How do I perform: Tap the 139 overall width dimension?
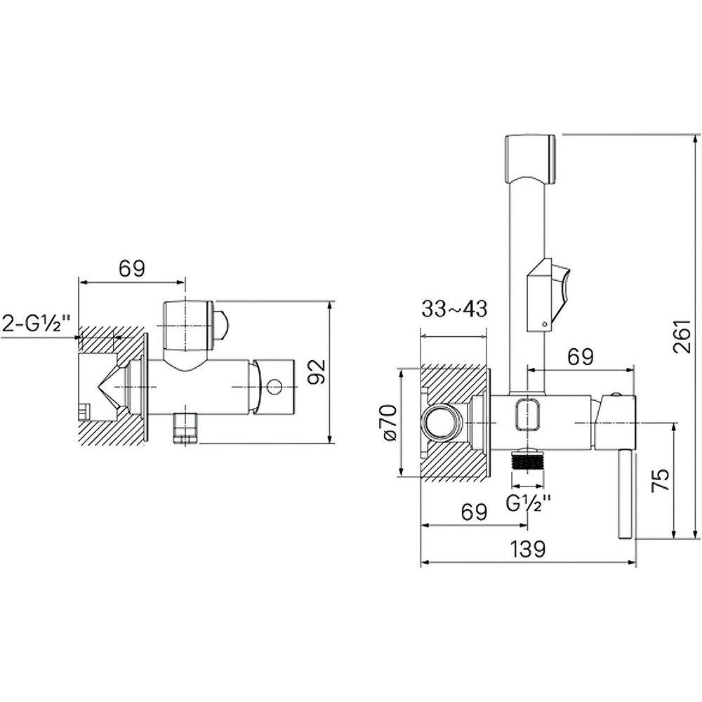coord(528,549)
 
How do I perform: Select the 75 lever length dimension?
coord(662,480)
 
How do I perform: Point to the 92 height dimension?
coord(318,372)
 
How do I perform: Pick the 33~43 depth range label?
coord(454,309)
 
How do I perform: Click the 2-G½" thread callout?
coord(37,324)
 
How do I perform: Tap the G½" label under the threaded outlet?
coord(529,503)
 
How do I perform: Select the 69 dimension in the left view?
coord(132,269)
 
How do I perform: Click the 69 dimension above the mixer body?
coord(581,357)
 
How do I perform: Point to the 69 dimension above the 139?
coord(474,512)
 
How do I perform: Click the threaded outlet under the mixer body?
coord(529,459)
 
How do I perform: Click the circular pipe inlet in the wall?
coord(440,422)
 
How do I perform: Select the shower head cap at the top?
coord(531,158)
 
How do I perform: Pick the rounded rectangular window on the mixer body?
coord(529,415)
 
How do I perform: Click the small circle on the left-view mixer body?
coord(274,386)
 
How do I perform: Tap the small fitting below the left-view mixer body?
coord(185,428)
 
